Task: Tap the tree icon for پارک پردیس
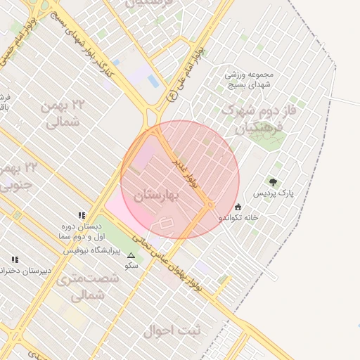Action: [x=273, y=182]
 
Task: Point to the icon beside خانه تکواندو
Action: [x=238, y=207]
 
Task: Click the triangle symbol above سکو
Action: [x=131, y=255]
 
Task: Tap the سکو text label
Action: [x=131, y=266]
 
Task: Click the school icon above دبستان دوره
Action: [x=82, y=215]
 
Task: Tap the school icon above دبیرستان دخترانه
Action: [x=14, y=259]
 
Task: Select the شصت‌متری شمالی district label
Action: [x=94, y=287]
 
